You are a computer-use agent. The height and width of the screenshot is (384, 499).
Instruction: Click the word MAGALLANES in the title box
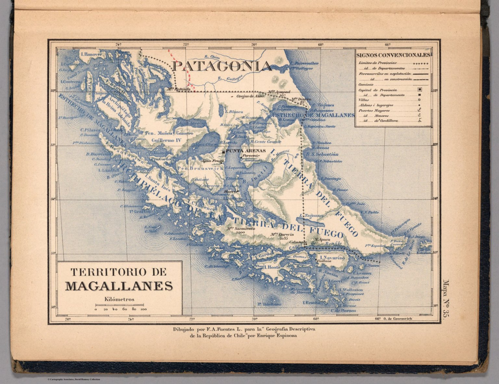119,286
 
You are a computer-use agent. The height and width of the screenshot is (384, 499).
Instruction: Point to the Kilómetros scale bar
120,305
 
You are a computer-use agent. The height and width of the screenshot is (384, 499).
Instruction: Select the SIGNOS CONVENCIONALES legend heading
393,55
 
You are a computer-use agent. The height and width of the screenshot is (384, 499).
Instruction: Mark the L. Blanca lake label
234,112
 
